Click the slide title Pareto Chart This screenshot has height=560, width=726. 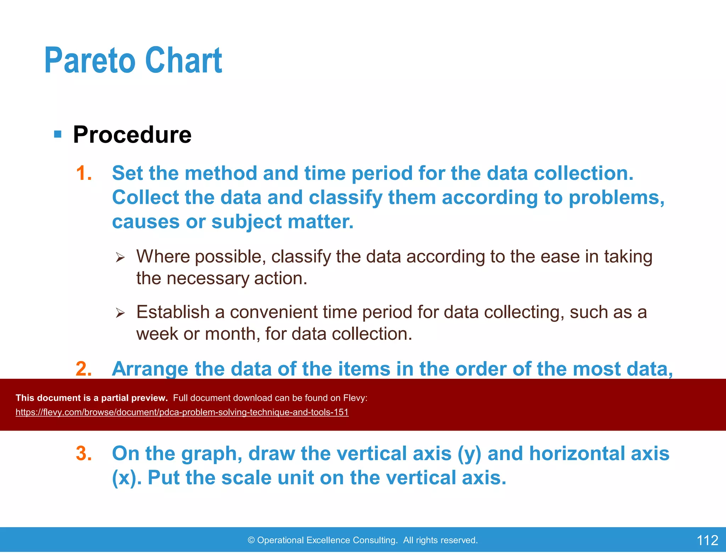point(133,61)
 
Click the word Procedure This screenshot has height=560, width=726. point(132,135)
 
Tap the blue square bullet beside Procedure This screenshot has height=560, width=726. point(57,134)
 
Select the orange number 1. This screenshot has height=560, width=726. point(84,173)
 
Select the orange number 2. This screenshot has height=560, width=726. point(84,369)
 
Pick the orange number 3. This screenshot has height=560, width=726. point(84,453)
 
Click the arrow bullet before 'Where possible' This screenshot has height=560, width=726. point(120,257)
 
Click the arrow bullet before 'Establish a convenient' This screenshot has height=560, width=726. point(120,313)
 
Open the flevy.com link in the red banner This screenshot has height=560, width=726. point(182,412)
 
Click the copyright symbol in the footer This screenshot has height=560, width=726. point(251,540)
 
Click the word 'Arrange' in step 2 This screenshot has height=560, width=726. point(150,369)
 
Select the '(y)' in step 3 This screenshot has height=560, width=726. point(469,454)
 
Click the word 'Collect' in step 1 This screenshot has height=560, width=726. point(145,198)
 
